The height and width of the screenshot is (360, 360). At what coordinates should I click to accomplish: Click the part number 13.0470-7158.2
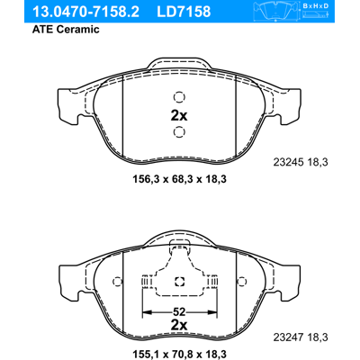(x=85, y=12)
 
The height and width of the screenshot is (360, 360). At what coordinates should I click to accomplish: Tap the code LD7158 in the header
(x=184, y=12)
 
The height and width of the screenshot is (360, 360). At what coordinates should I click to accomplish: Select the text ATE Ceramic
(x=66, y=29)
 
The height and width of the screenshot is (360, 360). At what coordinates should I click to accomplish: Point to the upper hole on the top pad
(x=179, y=97)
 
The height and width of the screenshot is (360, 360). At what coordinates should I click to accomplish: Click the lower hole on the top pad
(x=179, y=132)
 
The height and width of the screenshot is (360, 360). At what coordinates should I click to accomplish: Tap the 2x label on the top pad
(x=179, y=115)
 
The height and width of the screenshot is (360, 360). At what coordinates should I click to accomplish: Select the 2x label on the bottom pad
(x=179, y=325)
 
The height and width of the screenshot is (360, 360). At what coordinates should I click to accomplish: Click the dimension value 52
(x=179, y=312)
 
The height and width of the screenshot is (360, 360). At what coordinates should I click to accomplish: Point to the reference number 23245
(x=289, y=162)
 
